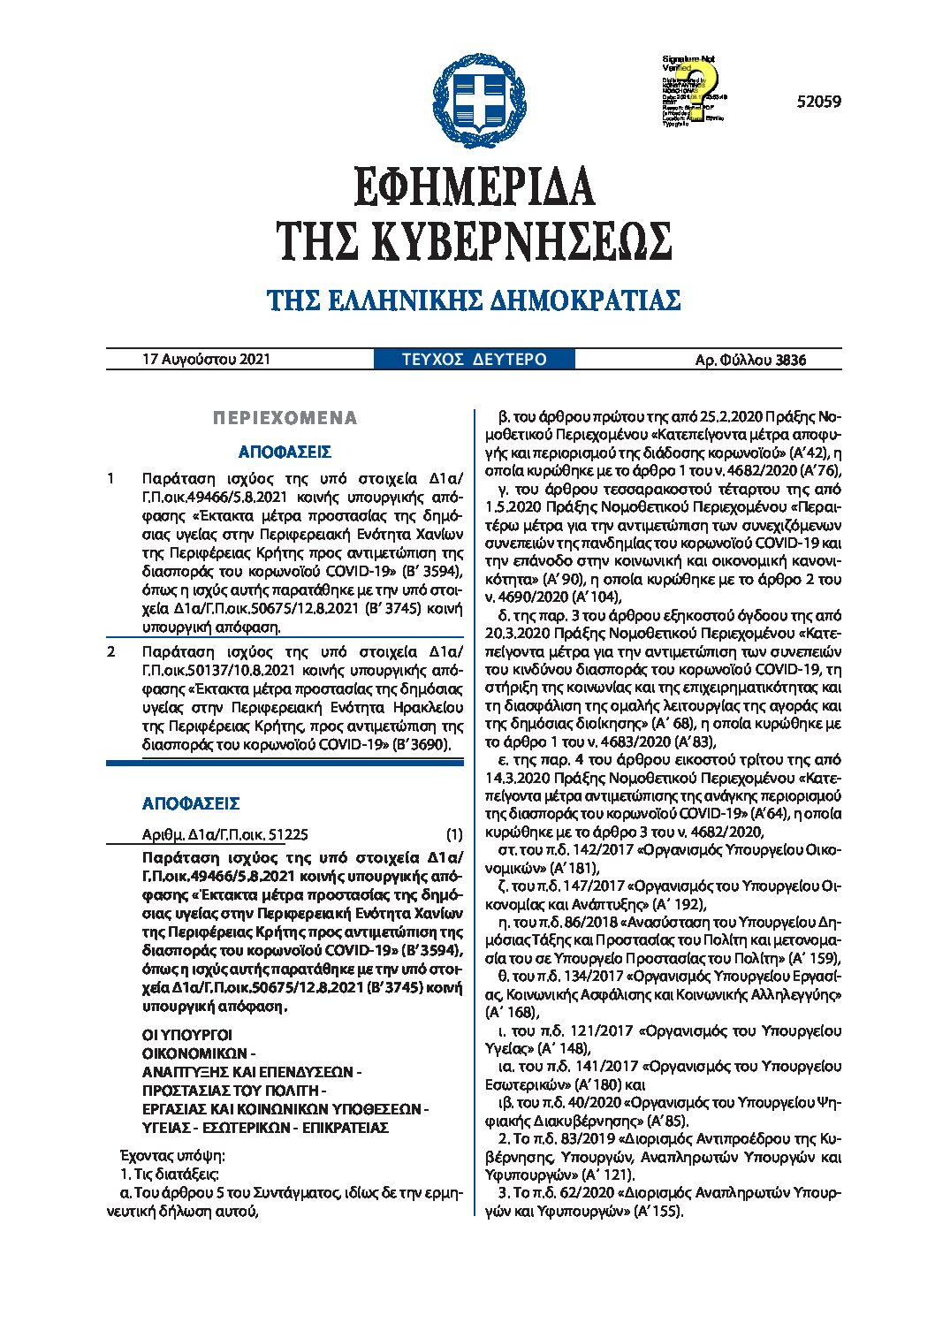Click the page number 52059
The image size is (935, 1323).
818,102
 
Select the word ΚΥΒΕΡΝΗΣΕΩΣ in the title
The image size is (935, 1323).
519,240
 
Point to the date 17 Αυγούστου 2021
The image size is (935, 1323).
206,360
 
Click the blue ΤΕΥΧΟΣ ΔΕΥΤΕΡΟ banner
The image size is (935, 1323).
475,360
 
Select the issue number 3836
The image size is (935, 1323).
790,361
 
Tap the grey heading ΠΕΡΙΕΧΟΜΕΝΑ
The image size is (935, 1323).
285,418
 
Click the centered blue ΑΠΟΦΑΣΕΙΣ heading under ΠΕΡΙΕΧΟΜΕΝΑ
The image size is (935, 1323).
285,452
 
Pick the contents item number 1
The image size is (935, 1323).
111,478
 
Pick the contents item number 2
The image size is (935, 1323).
111,652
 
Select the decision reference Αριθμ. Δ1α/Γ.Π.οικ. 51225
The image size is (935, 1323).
225,834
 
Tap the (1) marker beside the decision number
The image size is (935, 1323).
454,834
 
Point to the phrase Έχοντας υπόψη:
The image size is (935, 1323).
172,1154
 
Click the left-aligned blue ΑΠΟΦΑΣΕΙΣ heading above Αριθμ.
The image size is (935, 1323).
191,804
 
